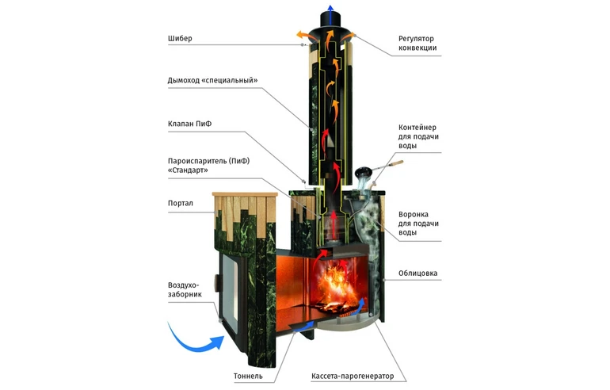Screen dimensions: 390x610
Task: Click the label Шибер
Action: (180, 38)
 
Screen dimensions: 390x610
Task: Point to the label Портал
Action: (181, 202)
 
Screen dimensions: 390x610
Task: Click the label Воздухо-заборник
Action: (185, 289)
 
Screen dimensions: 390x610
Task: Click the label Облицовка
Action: (418, 274)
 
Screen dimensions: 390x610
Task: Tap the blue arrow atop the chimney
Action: (325, 12)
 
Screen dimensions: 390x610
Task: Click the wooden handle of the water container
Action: (394, 164)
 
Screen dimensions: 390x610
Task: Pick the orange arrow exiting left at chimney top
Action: (302, 35)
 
